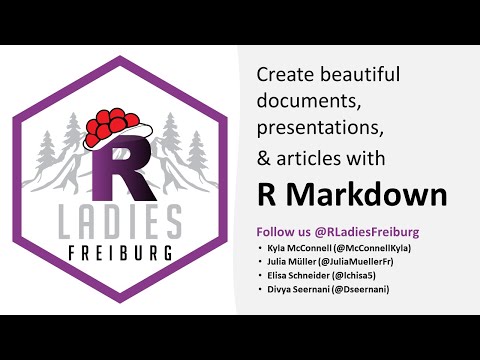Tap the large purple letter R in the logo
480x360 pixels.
click(122, 169)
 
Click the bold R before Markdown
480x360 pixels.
click(268, 190)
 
